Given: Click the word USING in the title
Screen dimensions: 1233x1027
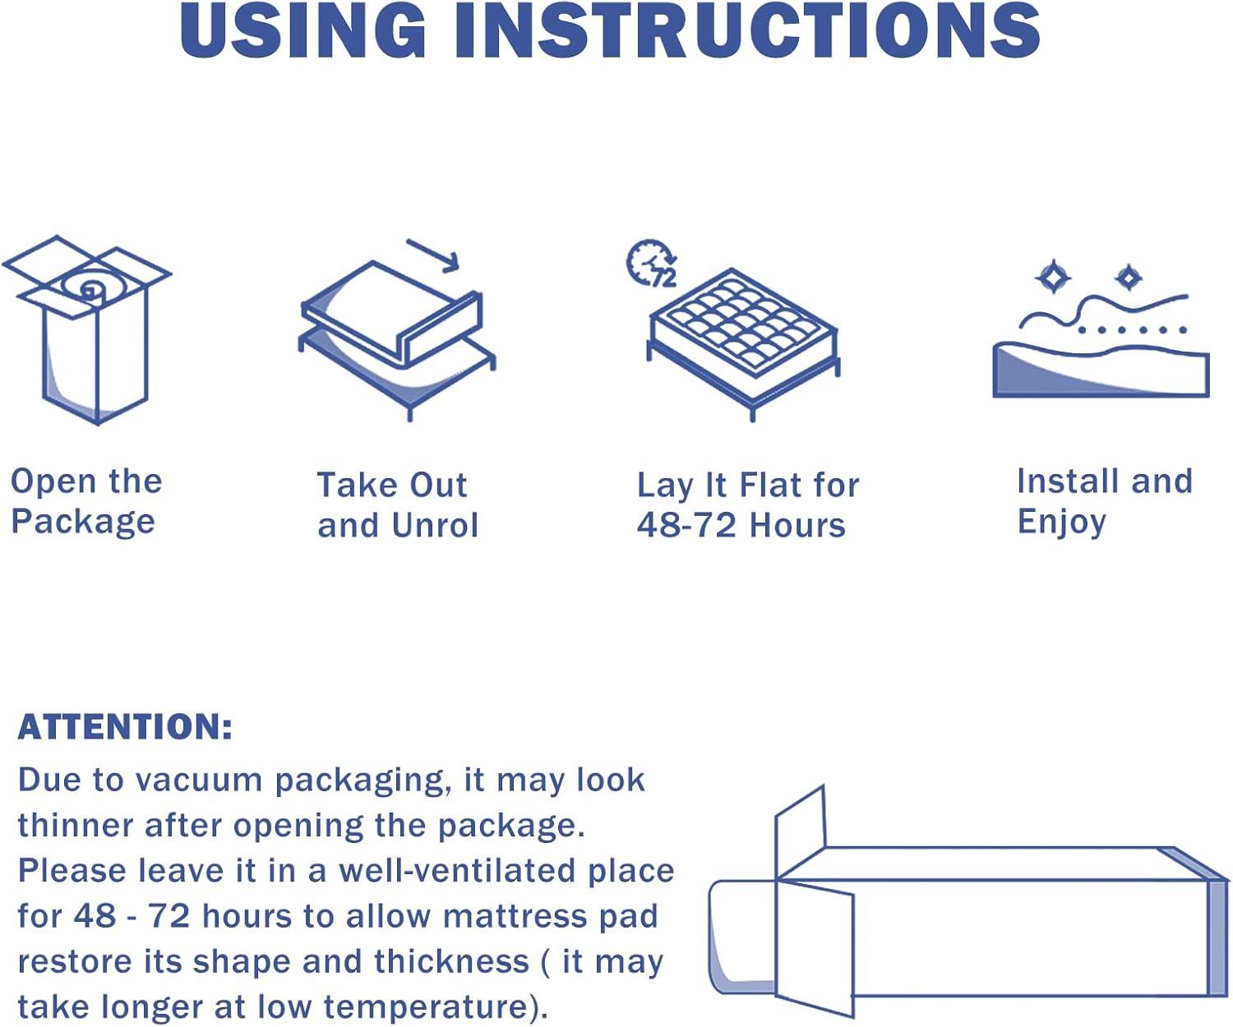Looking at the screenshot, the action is click(x=303, y=30).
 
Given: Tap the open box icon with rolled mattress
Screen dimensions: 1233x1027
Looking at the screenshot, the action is click(x=87, y=329).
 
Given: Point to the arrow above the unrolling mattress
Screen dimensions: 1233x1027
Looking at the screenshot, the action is click(x=433, y=256).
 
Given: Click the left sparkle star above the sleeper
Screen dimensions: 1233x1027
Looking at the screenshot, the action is click(x=1052, y=276).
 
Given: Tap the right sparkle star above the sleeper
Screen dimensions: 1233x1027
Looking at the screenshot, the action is click(x=1128, y=278).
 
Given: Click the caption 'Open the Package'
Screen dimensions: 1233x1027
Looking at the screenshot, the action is click(x=86, y=502).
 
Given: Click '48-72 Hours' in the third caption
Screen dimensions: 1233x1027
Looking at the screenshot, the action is click(x=741, y=525).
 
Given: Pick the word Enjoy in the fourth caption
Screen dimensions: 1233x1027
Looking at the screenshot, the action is click(x=1061, y=522).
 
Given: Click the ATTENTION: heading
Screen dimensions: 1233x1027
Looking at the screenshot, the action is click(x=125, y=726).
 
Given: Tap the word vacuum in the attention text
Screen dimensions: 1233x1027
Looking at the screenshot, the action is click(x=198, y=781).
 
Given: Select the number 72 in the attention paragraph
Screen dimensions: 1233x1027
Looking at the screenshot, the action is click(x=169, y=916).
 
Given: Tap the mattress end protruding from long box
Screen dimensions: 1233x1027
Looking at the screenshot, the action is click(x=741, y=937).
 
